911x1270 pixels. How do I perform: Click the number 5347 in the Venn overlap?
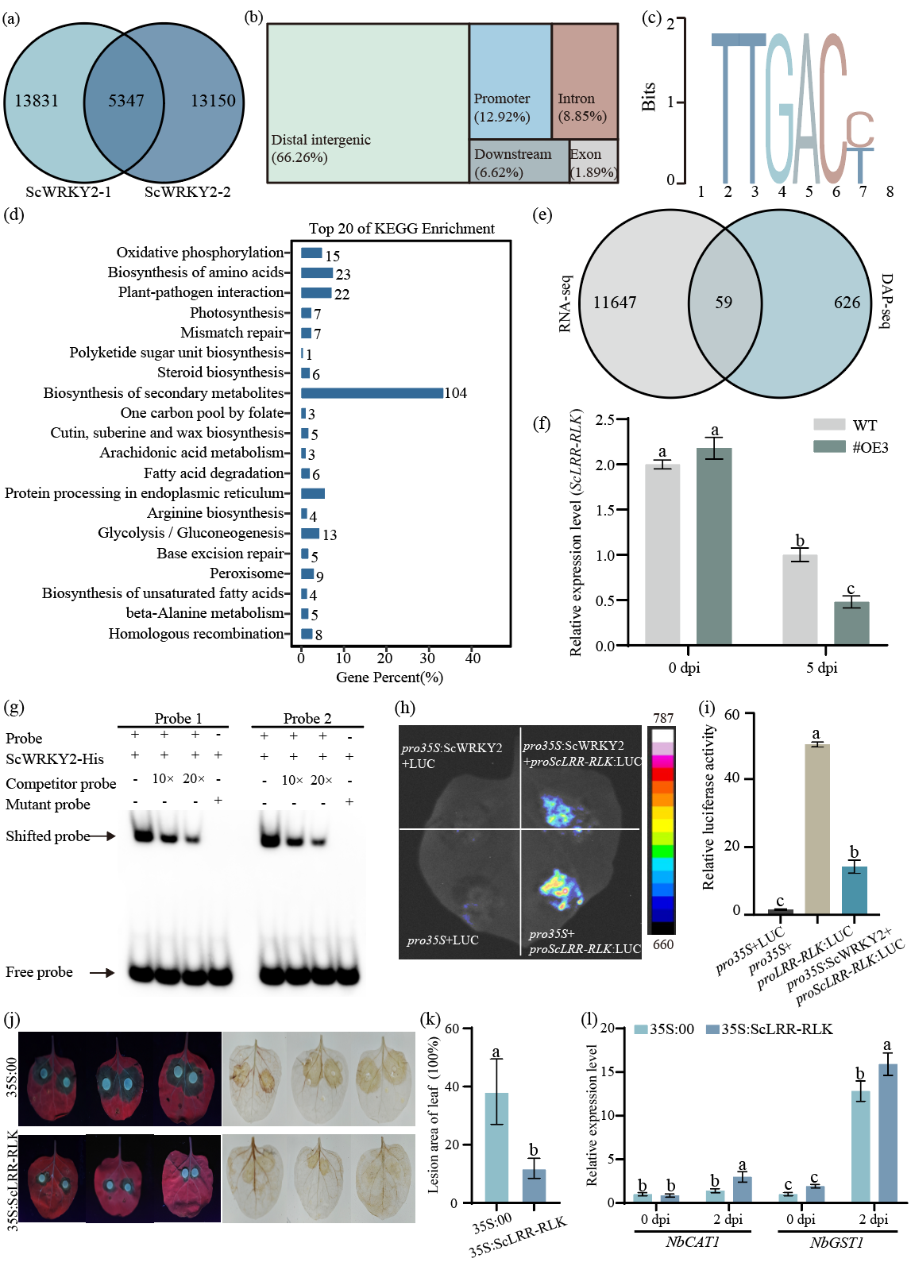click(126, 101)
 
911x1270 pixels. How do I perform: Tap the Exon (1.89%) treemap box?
click(593, 162)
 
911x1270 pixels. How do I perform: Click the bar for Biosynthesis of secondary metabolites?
click(372, 393)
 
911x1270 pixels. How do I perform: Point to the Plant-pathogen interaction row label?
click(200, 292)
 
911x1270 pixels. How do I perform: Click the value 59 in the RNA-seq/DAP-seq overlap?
click(724, 303)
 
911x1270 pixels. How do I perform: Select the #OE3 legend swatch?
click(829, 447)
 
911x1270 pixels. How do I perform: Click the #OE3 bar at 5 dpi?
click(851, 623)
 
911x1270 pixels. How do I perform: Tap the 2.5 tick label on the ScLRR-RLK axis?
click(605, 419)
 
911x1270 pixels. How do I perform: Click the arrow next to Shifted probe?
click(103, 836)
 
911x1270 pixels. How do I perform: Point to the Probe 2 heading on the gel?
click(307, 718)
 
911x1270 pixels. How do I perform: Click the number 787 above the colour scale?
click(663, 718)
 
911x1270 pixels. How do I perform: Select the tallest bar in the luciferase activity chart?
click(816, 828)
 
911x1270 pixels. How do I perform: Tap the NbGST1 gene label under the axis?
click(836, 1242)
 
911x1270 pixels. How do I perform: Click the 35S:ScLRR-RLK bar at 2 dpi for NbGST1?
click(887, 1133)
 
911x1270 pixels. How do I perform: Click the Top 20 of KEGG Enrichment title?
click(401, 229)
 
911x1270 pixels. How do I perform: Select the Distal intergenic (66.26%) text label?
click(321, 149)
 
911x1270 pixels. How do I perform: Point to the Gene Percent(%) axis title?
click(389, 677)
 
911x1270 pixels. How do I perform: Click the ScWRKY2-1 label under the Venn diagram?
click(69, 191)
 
